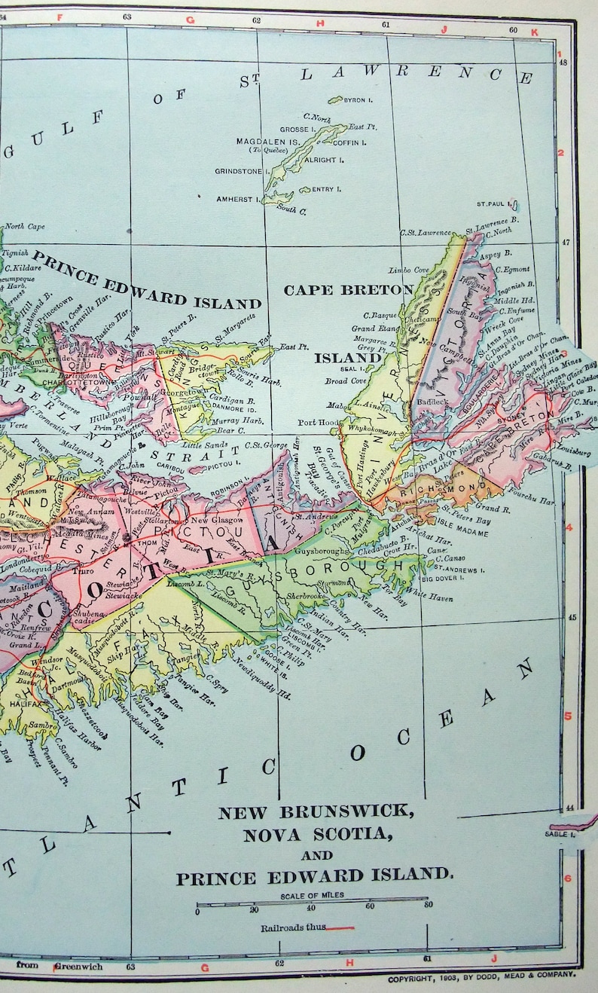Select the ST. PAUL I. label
coord(493,203)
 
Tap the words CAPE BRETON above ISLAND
coord(348,290)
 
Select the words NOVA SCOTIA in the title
coord(316,834)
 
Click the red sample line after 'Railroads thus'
coord(340,927)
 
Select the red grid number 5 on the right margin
coord(569,716)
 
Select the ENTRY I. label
coord(323,189)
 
